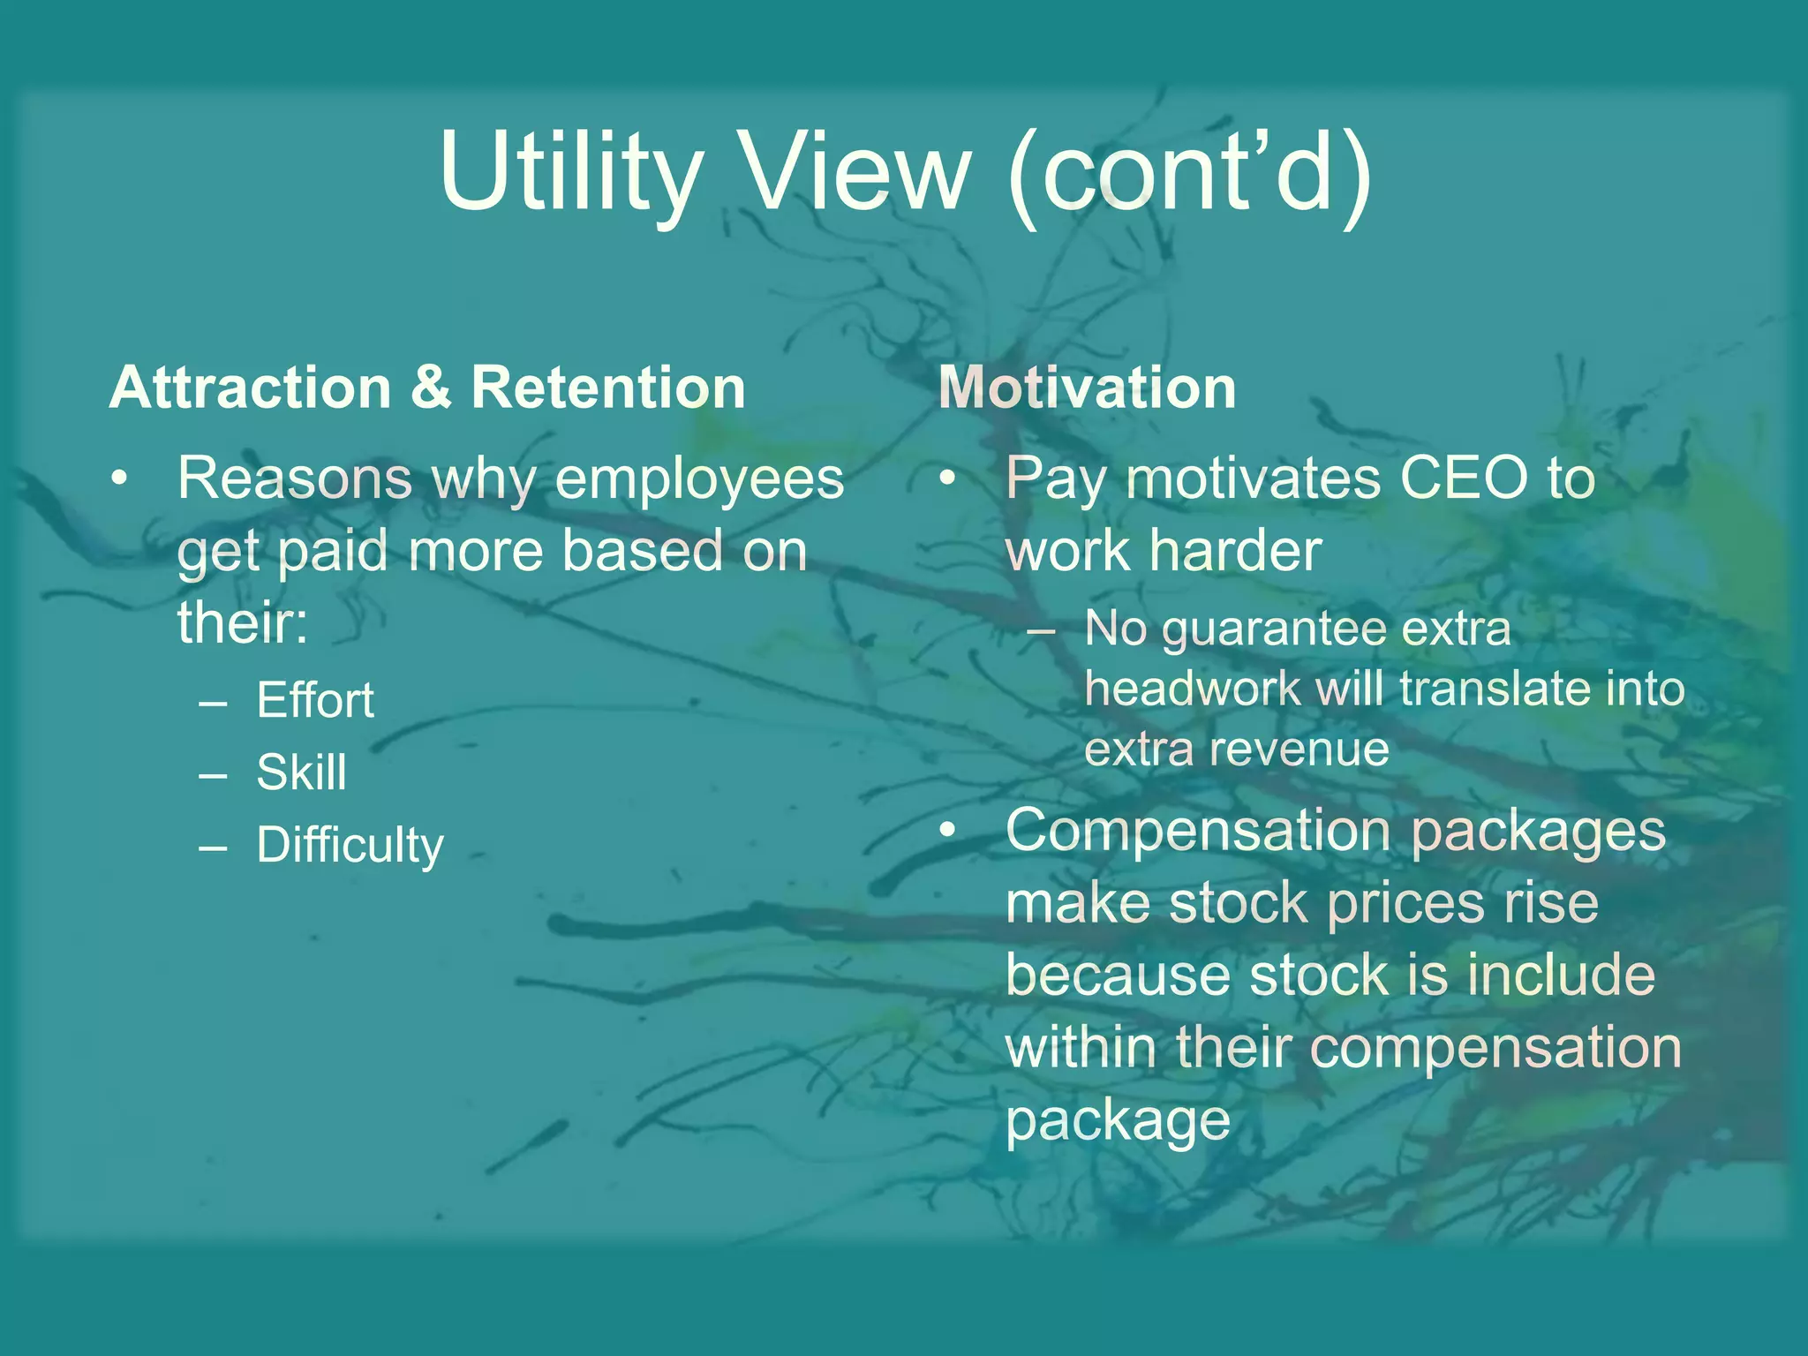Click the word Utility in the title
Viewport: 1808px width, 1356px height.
point(570,171)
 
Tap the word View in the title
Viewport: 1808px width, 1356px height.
point(855,171)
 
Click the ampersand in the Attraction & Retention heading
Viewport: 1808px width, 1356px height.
point(431,388)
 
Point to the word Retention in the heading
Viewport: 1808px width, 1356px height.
point(608,388)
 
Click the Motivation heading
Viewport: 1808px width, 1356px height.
point(1087,388)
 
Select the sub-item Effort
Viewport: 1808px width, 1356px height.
point(315,701)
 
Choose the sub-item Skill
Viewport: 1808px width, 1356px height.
point(301,772)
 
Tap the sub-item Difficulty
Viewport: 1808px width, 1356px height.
point(350,846)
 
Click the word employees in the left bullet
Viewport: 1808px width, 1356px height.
point(699,479)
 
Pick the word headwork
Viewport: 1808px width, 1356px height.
point(1192,689)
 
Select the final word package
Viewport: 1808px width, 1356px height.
point(1118,1121)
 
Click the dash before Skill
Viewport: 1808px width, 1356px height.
point(214,775)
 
